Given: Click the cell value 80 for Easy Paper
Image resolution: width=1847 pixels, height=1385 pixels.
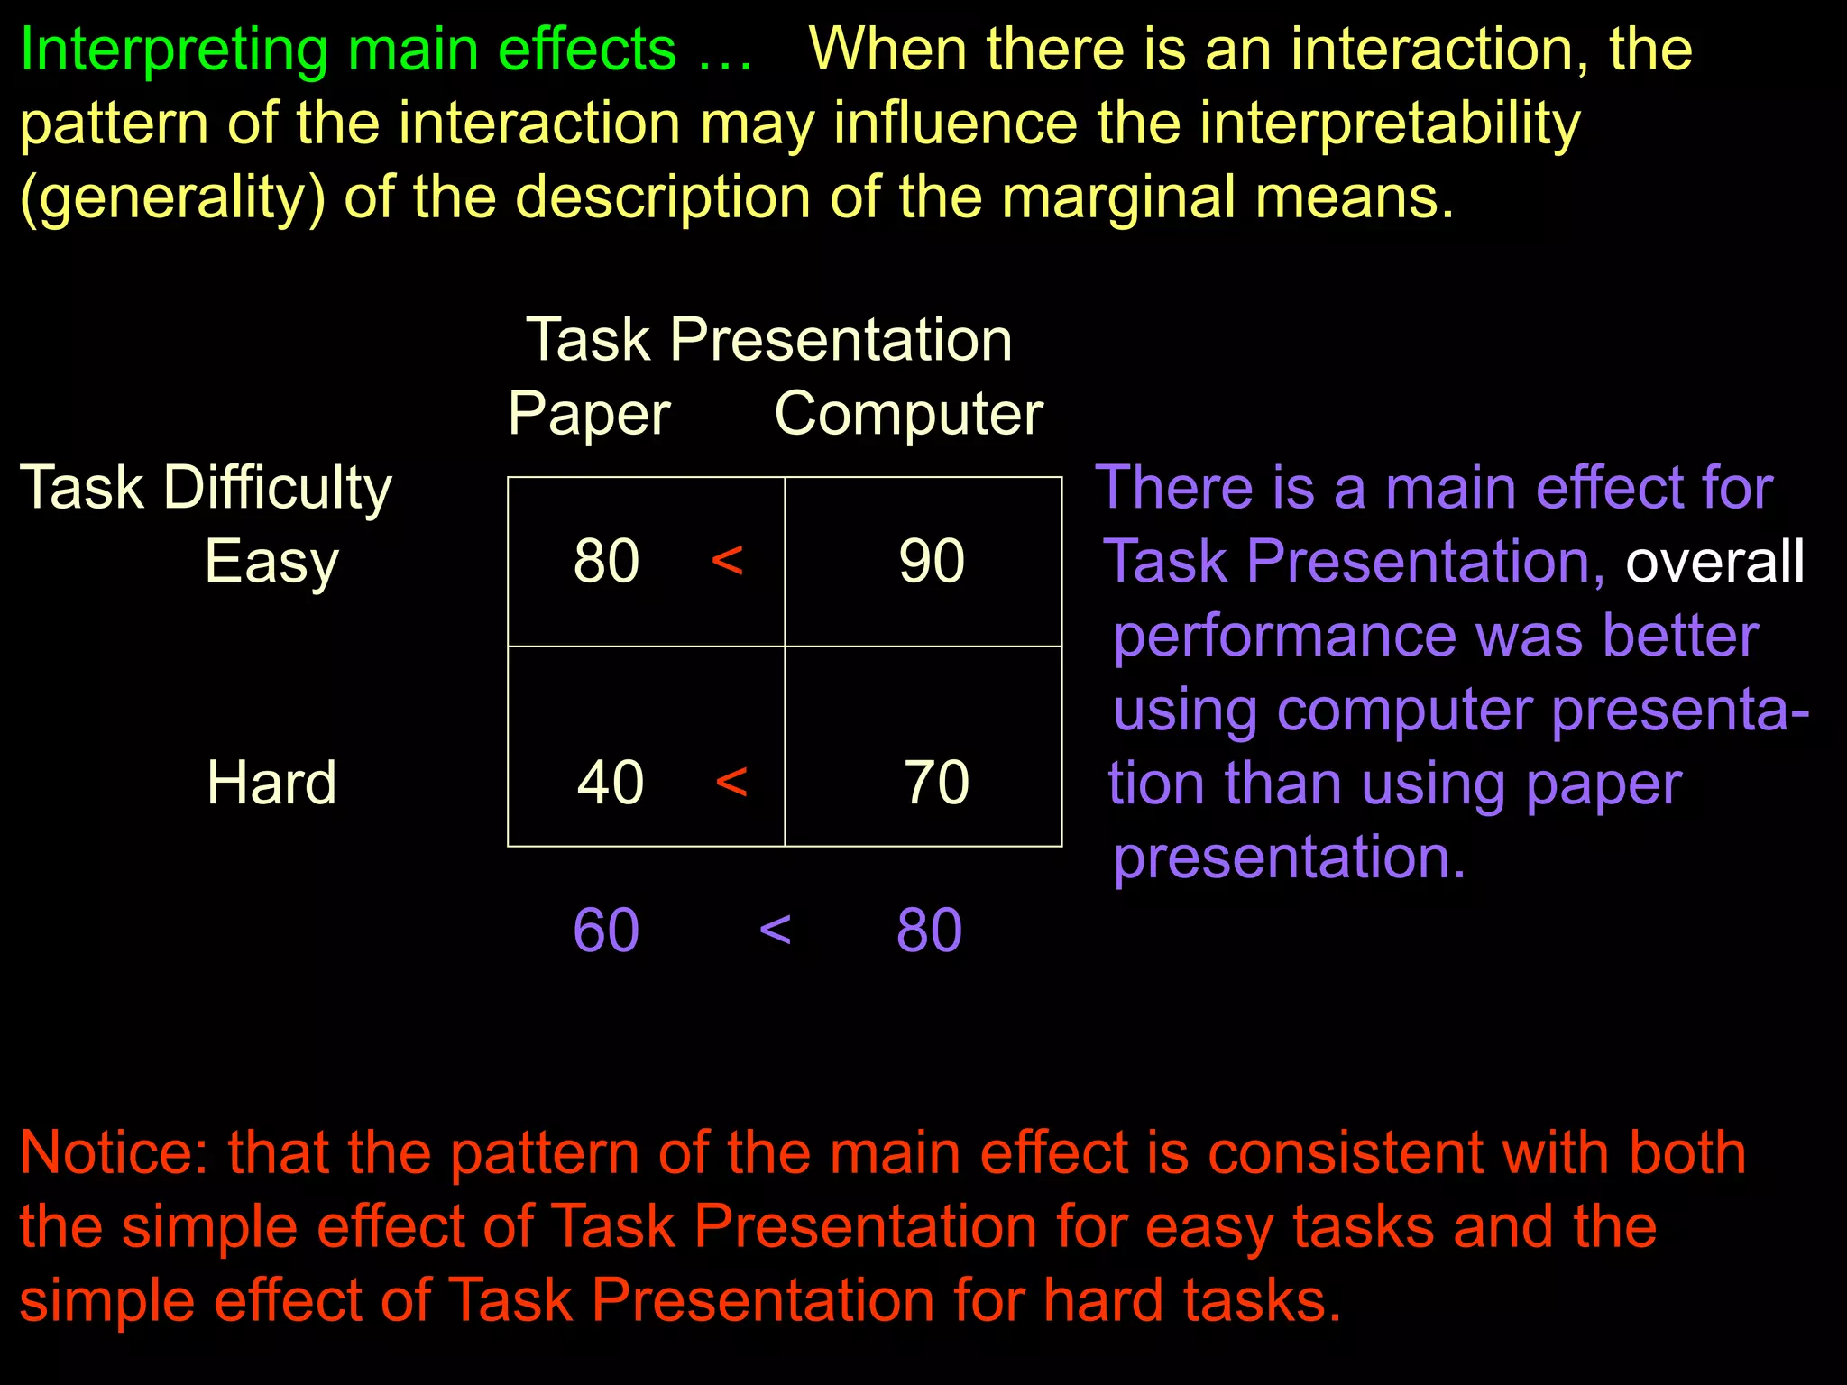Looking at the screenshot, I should [606, 561].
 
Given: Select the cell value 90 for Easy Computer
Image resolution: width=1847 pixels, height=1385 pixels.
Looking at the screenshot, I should [932, 561].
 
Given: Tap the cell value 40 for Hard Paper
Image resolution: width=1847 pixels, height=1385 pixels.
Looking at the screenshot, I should [611, 782].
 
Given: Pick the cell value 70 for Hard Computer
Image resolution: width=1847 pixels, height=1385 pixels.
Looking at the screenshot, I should [937, 782].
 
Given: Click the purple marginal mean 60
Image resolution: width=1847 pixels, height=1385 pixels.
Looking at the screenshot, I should [606, 930].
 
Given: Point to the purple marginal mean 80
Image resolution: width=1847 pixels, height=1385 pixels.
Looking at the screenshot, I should [929, 930].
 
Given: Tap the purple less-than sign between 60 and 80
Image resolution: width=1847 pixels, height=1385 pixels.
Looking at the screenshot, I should [775, 930].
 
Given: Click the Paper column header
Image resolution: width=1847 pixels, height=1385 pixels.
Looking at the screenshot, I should [589, 414].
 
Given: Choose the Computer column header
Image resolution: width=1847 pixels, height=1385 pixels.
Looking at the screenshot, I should [908, 414].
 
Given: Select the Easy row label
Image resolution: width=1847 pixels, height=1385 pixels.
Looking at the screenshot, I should [271, 562].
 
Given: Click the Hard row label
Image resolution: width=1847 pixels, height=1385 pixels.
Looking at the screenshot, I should [271, 782].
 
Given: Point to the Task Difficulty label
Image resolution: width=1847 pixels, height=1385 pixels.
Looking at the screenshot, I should [206, 488].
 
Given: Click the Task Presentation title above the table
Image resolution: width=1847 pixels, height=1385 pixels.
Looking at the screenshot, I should [769, 340].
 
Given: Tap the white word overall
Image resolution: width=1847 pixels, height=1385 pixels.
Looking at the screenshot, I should [1714, 561].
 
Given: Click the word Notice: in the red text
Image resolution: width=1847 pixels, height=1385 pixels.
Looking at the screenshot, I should [114, 1152].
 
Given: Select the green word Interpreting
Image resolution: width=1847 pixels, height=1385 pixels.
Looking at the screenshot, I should [173, 50].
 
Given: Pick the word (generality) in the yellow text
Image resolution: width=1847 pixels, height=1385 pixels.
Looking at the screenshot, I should [171, 197].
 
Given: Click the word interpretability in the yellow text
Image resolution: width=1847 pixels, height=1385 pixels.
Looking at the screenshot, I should [1380, 124].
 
